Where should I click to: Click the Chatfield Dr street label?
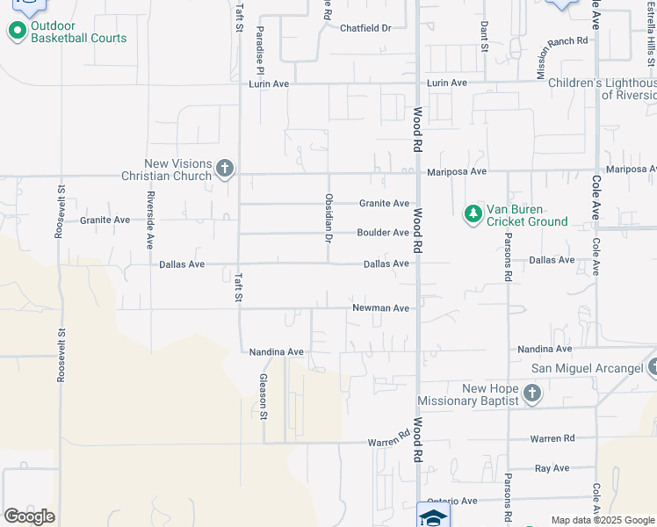(x=365, y=28)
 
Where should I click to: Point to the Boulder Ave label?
(x=383, y=233)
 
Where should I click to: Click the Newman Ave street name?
(x=381, y=308)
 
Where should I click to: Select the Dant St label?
(x=484, y=37)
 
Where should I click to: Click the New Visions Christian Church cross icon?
(x=225, y=167)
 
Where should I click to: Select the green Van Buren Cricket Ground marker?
(x=473, y=213)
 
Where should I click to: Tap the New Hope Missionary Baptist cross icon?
(x=531, y=393)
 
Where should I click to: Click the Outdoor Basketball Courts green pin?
(x=17, y=32)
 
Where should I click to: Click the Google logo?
(x=29, y=516)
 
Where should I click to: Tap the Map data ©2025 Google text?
(x=602, y=520)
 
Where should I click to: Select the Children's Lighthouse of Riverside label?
(x=603, y=89)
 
